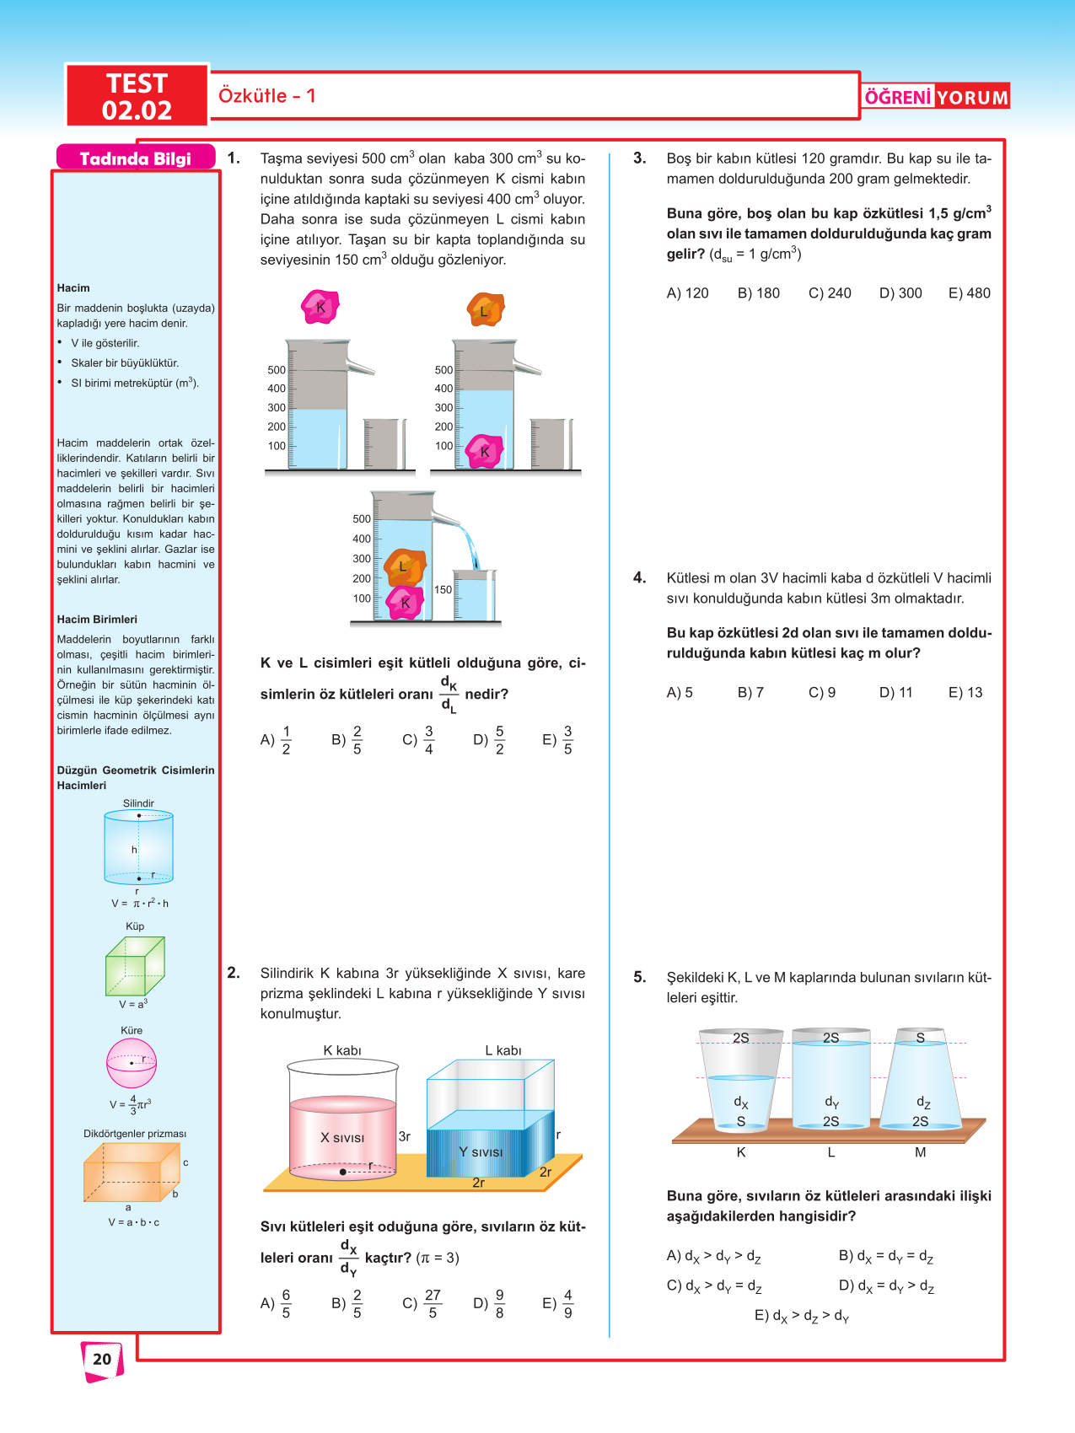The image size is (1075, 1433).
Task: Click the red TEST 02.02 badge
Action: (137, 96)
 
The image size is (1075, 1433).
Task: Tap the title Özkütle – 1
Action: (266, 95)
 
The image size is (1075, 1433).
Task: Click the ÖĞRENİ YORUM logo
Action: (936, 97)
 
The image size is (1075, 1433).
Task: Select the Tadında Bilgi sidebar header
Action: (135, 158)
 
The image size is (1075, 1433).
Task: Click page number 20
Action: (102, 1358)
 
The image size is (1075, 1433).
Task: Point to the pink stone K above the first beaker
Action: (320, 308)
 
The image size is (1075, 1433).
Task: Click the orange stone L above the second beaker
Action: (485, 310)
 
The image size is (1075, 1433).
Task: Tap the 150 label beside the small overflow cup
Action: (443, 590)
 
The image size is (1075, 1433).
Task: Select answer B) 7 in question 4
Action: (750, 693)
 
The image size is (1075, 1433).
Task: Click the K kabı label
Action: (342, 1050)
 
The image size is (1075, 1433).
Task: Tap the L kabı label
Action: (503, 1050)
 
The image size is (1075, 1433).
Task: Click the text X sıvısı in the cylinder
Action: (342, 1138)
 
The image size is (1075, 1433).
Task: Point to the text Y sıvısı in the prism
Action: (481, 1152)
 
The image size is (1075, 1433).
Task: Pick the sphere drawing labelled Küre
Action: (132, 1063)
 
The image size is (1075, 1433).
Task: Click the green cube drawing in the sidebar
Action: (135, 966)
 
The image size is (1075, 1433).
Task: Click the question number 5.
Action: (640, 977)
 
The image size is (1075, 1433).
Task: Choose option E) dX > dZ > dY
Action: (802, 1316)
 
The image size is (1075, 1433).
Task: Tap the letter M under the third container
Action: (920, 1152)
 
